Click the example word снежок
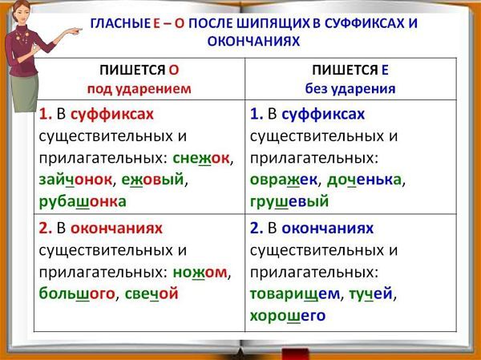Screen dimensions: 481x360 (x=201, y=159)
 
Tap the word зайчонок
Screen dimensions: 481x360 (x=75, y=180)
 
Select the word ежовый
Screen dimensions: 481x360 (x=152, y=180)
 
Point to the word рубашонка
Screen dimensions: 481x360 (x=83, y=202)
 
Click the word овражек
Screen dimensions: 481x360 (x=284, y=180)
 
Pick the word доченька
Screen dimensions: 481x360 (x=364, y=180)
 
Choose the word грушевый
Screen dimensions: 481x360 (x=289, y=202)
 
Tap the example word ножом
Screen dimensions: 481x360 (x=200, y=273)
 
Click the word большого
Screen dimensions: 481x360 (x=77, y=293)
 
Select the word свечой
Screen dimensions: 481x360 (x=152, y=293)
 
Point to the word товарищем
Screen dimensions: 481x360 (x=295, y=294)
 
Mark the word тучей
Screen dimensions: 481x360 (x=370, y=294)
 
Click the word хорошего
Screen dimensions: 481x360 (x=288, y=316)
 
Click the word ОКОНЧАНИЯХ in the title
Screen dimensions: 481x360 (x=253, y=42)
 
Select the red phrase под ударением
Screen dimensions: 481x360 (x=139, y=89)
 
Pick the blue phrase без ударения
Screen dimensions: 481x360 (x=350, y=89)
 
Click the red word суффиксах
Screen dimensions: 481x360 (x=112, y=115)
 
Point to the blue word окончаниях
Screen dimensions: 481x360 (x=327, y=229)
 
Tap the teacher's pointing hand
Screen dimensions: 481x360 (x=75, y=31)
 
